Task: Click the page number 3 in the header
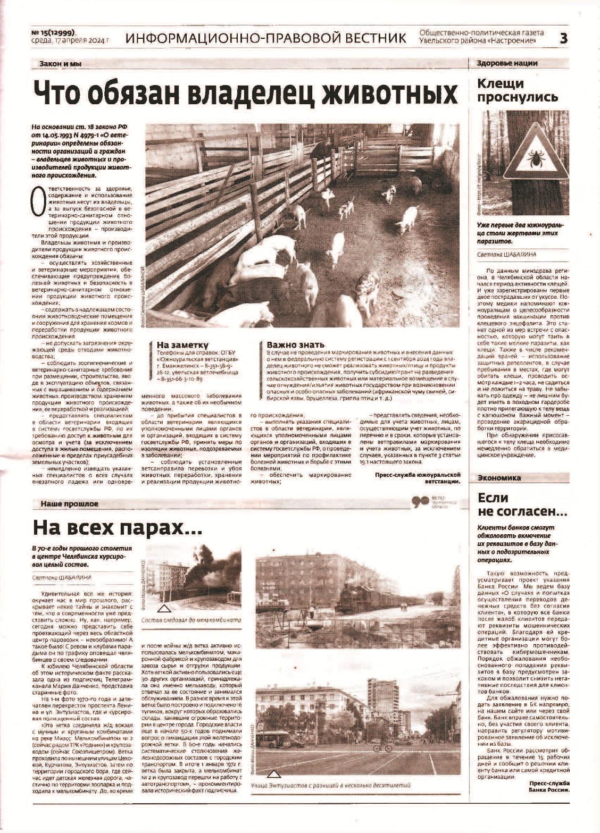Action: coord(564,38)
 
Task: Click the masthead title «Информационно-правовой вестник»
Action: coord(266,38)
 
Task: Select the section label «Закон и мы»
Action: coord(60,64)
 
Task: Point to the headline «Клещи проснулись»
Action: coord(517,90)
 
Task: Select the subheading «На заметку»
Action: coord(182,344)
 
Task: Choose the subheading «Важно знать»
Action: coord(295,344)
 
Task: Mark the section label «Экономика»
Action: coord(499,477)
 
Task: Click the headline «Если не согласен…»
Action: coord(522,505)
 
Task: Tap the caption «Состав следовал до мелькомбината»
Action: coord(191,620)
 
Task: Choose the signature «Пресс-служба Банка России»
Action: coord(549,786)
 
